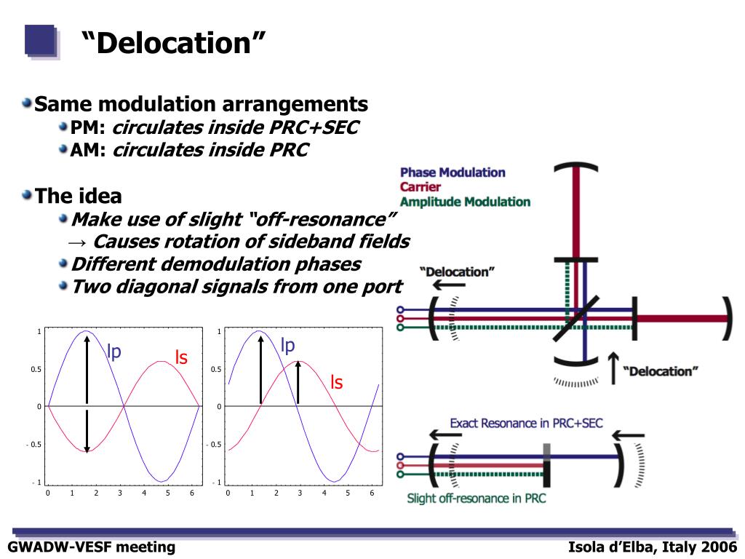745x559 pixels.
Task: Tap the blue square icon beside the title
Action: point(40,41)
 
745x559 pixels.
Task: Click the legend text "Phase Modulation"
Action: point(453,173)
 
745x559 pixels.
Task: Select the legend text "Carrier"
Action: point(421,187)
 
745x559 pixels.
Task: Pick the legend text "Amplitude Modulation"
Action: point(465,202)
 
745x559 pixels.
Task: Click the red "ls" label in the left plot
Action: point(181,357)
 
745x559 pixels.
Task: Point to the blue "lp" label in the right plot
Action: point(288,345)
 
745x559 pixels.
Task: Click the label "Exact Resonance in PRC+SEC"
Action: point(526,423)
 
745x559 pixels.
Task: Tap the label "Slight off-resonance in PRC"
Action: point(476,499)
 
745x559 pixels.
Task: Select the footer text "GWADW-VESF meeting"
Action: point(92,547)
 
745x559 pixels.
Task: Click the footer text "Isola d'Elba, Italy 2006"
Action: point(653,547)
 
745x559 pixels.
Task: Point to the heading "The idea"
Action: point(79,196)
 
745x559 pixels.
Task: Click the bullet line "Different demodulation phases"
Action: point(216,263)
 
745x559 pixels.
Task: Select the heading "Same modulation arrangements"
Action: point(202,103)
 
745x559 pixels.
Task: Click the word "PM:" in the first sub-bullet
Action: point(89,128)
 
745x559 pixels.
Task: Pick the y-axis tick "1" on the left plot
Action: point(39,332)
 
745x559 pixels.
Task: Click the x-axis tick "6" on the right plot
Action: point(372,493)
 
